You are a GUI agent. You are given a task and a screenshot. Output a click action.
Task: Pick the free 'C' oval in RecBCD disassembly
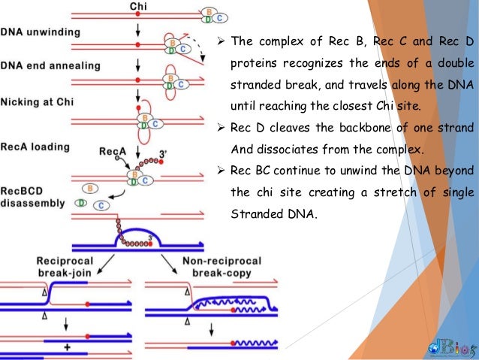click(x=101, y=207)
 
